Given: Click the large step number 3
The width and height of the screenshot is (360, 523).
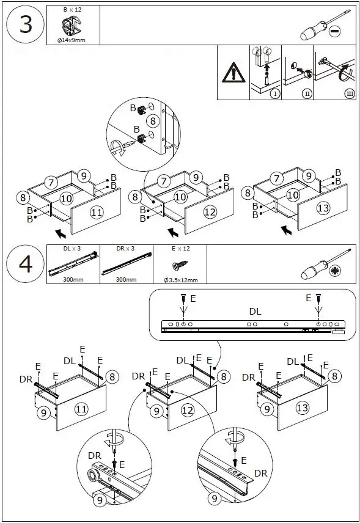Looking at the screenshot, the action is coord(26,24).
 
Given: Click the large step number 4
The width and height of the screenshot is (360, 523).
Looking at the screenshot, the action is coord(26,264).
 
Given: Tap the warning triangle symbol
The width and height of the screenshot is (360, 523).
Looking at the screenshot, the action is coord(233,72).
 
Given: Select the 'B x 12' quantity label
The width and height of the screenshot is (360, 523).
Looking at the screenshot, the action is coord(72,10).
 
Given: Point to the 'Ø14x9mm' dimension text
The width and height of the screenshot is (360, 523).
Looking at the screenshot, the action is coord(71,40).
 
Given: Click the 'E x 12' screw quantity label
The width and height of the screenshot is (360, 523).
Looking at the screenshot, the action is coord(180,249).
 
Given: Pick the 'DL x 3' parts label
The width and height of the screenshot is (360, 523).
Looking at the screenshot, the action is coord(72,249).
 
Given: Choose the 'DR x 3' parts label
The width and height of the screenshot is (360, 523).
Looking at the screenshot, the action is coord(125,249).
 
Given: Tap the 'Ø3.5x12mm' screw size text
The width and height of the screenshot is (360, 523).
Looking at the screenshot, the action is coord(180,280).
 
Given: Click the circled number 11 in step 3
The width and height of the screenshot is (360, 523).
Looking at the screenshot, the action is coord(97,212).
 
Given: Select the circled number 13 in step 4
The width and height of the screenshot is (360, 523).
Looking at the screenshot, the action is coord(303,408).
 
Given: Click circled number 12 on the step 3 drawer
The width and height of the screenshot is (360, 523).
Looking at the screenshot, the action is coord(210,211).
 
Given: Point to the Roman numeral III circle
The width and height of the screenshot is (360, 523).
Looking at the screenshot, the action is coord(350,93).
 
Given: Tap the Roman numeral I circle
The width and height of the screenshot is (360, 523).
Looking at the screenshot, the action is coord(275,93).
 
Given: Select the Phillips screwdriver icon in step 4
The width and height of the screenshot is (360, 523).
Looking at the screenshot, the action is coord(325,265).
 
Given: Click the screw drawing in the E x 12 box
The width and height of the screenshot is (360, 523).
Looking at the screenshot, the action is coord(180,265).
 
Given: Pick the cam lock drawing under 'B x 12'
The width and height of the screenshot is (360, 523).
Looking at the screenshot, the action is coord(72,25).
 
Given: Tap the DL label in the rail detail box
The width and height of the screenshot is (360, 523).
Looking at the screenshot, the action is coord(255,312).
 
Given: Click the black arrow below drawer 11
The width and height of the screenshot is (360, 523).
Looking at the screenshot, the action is coord(61,233).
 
